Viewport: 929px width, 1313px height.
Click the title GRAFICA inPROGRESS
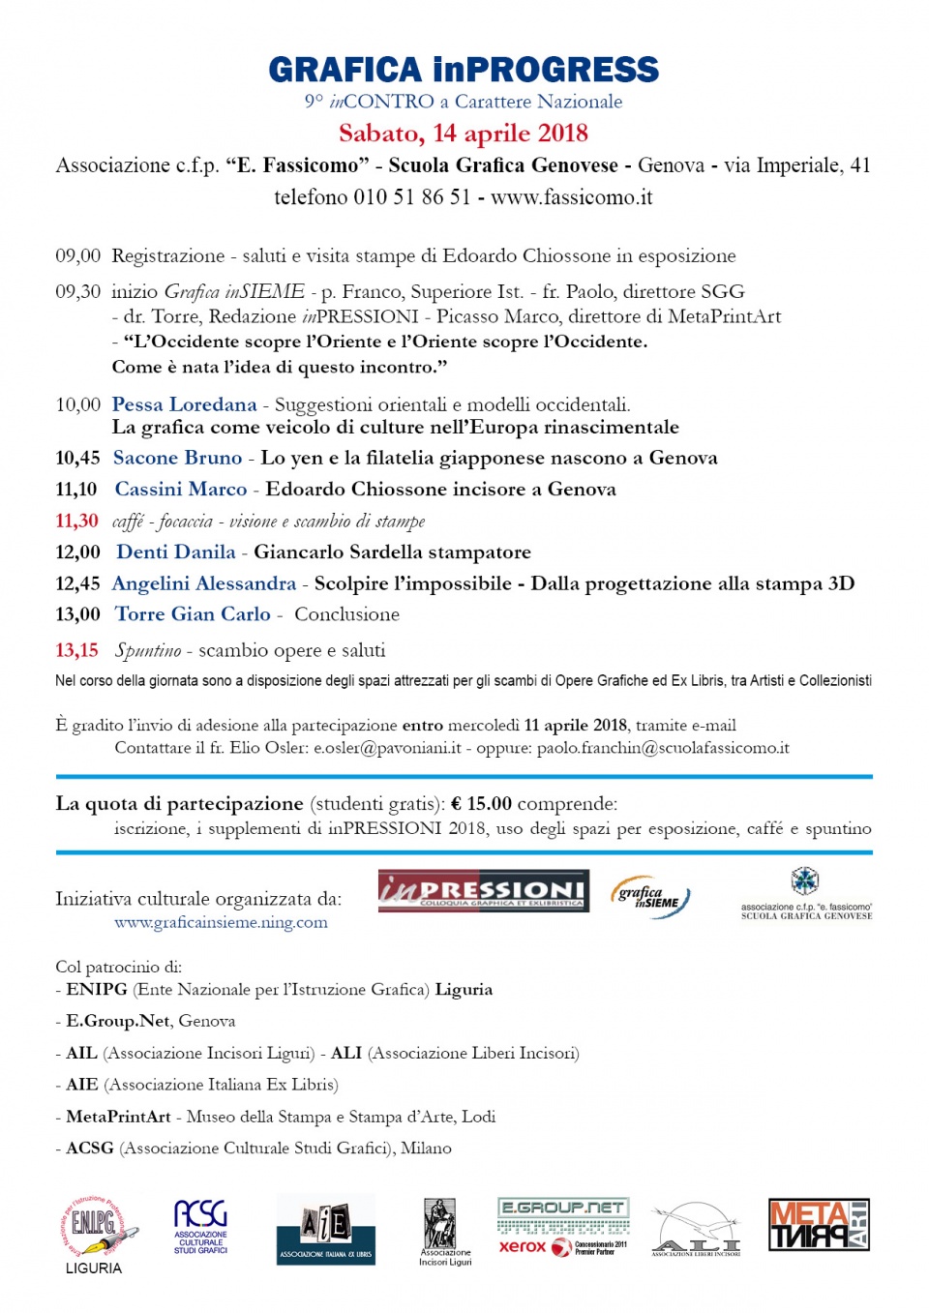point(464,70)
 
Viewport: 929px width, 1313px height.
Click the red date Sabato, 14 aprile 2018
point(464,134)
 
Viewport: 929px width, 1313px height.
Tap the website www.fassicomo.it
point(571,197)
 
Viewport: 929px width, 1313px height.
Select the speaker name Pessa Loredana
point(184,404)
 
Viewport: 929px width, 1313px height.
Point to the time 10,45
point(77,458)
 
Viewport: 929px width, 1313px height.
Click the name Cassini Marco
point(181,490)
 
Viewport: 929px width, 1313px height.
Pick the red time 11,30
point(77,522)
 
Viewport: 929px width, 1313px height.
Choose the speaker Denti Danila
point(176,552)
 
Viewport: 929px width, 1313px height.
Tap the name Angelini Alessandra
point(204,583)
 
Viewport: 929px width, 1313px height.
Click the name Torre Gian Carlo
point(193,614)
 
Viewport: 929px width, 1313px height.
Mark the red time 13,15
point(77,650)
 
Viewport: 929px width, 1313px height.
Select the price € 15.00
point(481,804)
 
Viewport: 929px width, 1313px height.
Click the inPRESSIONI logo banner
point(483,891)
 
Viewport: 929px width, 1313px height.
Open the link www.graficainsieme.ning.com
point(221,923)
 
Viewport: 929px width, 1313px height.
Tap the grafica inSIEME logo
point(650,897)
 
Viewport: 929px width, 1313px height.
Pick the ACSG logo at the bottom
point(200,1226)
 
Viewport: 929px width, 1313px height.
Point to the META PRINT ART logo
point(819,1225)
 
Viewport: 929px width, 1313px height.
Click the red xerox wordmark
point(523,1247)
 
